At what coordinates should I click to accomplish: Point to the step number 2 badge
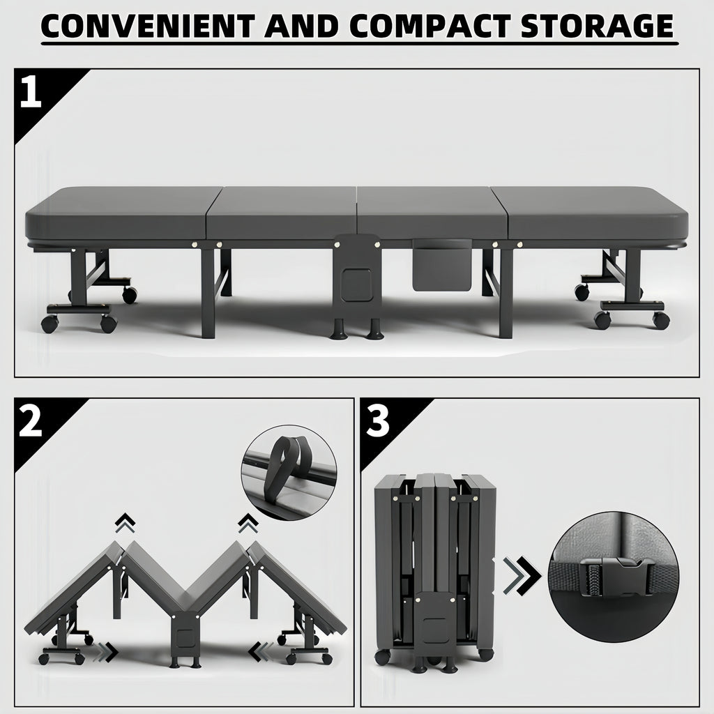[x=31, y=423]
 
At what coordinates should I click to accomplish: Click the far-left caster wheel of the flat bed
[x=50, y=324]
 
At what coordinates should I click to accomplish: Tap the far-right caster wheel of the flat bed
[x=660, y=320]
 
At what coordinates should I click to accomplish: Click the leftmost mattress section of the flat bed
[x=119, y=213]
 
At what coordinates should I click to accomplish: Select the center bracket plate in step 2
[x=186, y=638]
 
